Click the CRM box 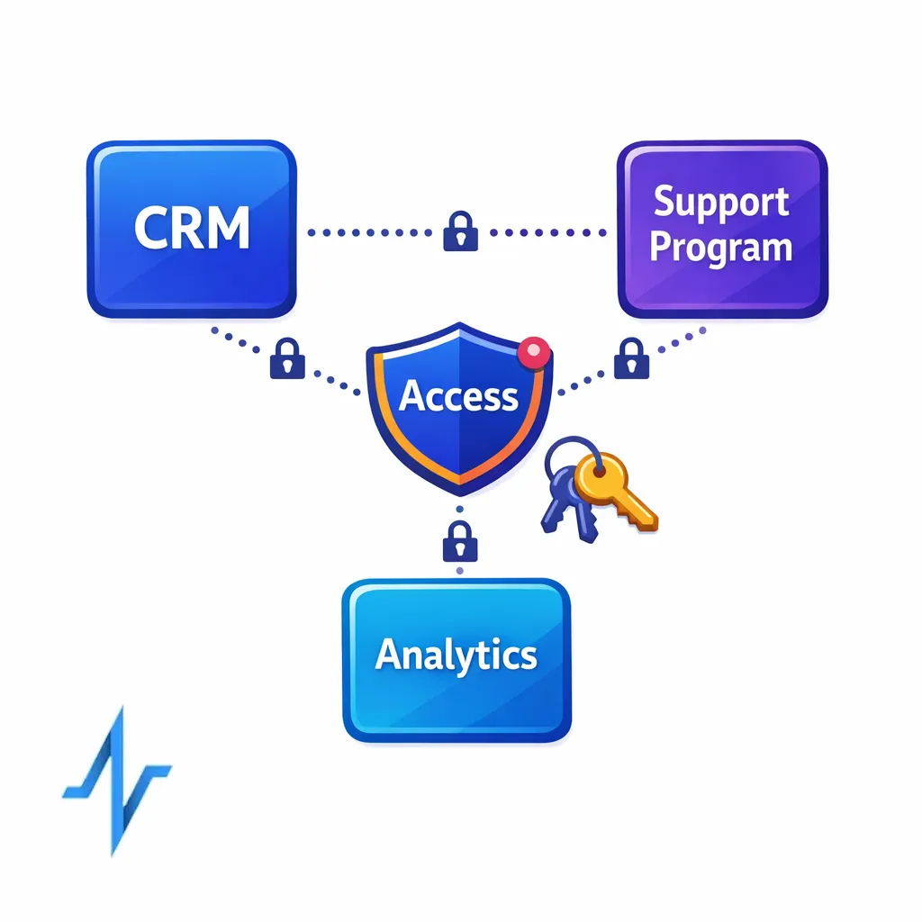coord(191,229)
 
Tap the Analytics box coord(456,660)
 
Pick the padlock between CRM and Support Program coord(460,231)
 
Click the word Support coord(720,203)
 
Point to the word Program coord(720,248)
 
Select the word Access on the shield coord(458,396)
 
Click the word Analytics coord(456,655)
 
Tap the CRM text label coord(191,229)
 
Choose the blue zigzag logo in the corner coord(117,779)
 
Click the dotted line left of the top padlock coord(369,232)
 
